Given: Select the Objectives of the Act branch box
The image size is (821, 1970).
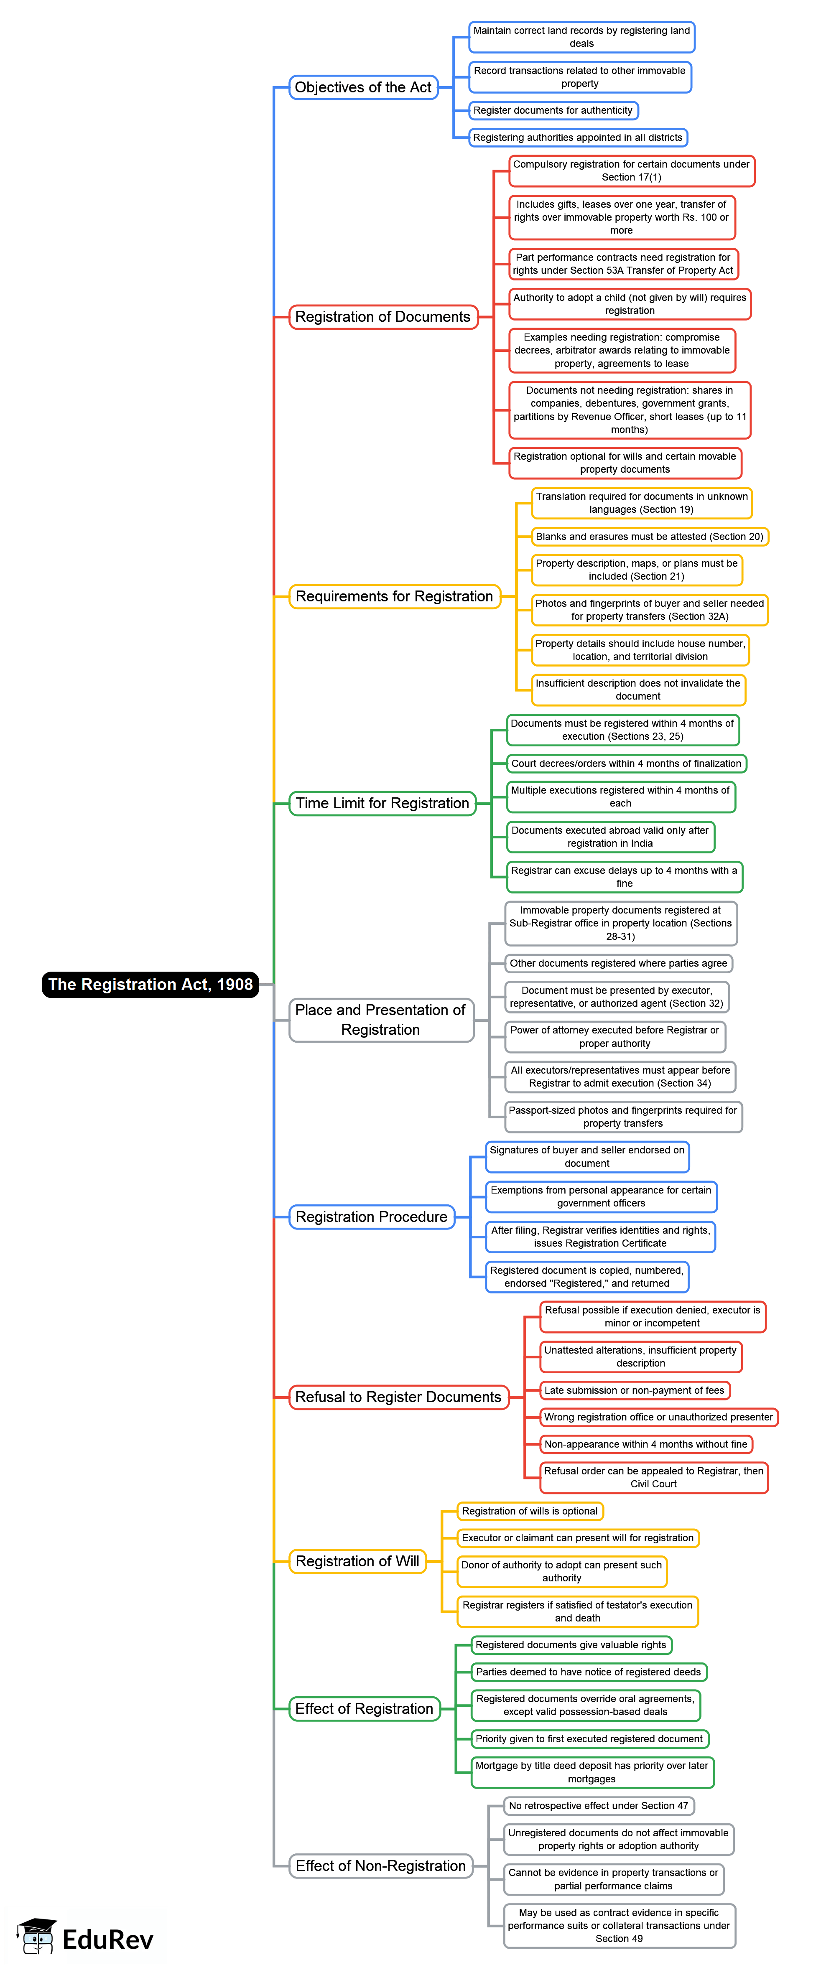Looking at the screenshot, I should (x=363, y=87).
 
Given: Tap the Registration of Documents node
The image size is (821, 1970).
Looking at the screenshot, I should (x=382, y=317).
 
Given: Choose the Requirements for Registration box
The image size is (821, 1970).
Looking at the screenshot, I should (x=394, y=596).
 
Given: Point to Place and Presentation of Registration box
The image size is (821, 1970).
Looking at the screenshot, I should (x=380, y=1019).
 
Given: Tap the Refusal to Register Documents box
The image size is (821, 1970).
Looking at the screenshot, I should (x=398, y=1397).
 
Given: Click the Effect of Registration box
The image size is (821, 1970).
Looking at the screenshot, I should (x=364, y=1708).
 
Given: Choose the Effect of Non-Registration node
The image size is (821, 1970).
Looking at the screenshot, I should (x=380, y=1866).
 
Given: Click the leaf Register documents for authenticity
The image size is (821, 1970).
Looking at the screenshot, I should (x=553, y=110).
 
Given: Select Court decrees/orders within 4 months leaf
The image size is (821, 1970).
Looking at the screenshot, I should (x=626, y=763).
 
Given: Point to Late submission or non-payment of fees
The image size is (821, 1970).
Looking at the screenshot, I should (x=634, y=1390).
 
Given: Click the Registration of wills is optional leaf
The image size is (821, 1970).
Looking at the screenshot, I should (x=530, y=1511).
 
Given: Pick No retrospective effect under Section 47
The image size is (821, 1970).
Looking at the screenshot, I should (x=598, y=1806).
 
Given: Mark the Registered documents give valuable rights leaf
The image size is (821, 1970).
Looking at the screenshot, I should (x=571, y=1645).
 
